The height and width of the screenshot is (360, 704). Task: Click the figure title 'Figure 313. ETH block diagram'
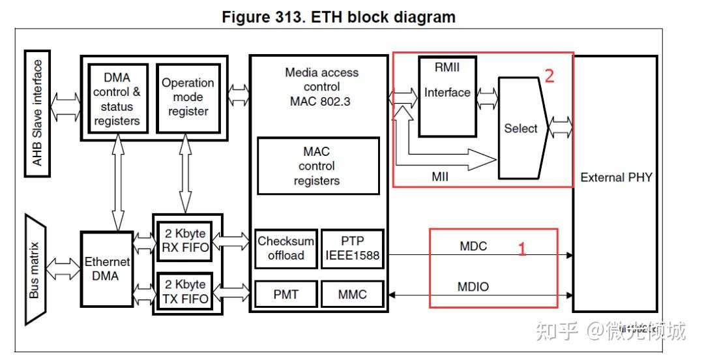338,17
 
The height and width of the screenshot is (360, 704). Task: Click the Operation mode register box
188,98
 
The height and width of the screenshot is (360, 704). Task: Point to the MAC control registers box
318,166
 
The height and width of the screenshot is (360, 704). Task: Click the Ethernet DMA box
106,269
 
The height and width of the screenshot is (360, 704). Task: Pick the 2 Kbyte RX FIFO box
184,241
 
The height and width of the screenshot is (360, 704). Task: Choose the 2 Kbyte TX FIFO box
184,292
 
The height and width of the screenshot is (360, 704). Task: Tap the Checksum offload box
286,248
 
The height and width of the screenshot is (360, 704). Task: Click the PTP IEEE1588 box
353,248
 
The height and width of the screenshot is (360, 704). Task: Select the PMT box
286,295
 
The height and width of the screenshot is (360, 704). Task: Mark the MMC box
353,295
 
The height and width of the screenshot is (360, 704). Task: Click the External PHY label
616,177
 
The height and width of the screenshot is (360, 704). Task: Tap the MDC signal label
473,247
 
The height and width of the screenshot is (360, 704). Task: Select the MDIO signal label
474,287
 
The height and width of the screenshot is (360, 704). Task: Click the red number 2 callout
549,76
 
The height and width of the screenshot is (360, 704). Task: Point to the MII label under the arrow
440,176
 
